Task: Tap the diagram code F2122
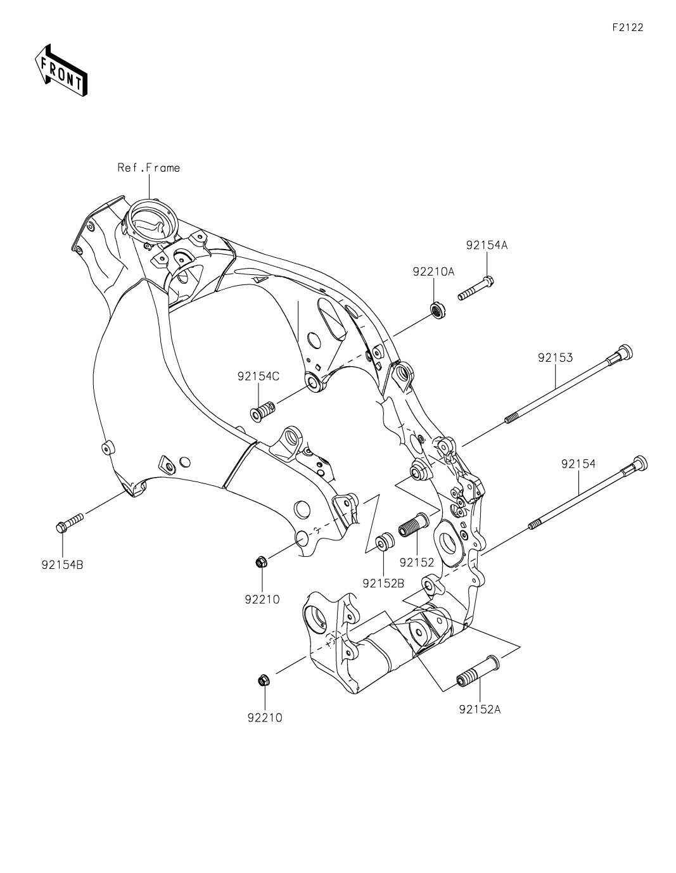coord(627,27)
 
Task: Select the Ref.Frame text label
coord(149,167)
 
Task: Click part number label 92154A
coord(487,245)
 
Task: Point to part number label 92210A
coord(433,272)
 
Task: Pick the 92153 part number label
coord(555,357)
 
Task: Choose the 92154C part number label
coord(258,376)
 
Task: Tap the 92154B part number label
coord(62,564)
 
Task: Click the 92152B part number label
coord(383,583)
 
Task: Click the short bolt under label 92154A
coord(476,288)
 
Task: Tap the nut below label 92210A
coord(437,310)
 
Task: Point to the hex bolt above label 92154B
coord(69,522)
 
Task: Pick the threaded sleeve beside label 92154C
coord(263,411)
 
